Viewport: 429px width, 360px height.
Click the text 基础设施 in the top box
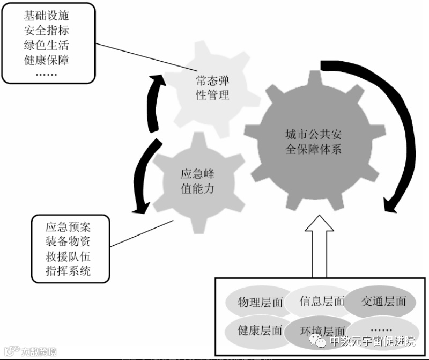point(47,16)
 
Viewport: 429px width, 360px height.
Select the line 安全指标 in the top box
point(47,30)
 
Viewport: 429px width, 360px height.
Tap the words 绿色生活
point(47,45)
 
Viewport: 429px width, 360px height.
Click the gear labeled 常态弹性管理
point(212,88)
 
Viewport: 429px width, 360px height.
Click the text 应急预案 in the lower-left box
point(68,226)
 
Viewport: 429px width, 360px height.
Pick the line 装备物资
point(68,241)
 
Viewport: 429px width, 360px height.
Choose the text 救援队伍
point(68,256)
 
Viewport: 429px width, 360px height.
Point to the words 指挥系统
point(68,271)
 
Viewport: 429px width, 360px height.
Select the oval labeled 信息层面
point(321,301)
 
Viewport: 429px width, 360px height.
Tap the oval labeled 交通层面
point(383,301)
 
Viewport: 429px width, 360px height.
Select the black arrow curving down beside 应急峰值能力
point(141,177)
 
